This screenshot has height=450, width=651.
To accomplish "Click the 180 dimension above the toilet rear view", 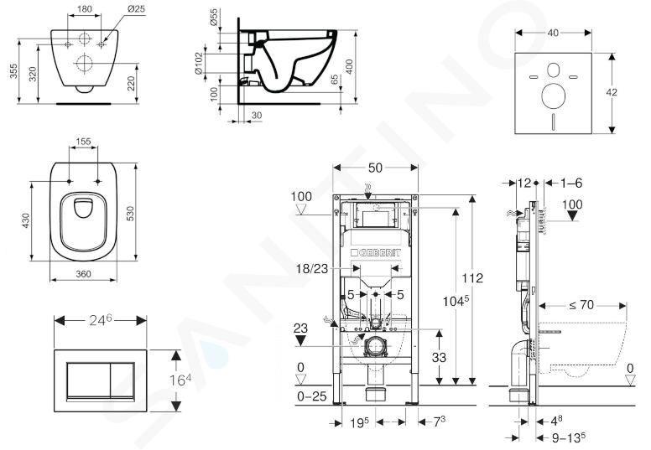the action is (x=85, y=8).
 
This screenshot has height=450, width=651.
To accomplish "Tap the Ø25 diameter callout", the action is (x=136, y=8).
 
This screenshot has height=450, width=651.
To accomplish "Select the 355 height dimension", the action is (x=13, y=71).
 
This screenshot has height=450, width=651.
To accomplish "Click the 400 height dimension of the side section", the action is (x=349, y=66).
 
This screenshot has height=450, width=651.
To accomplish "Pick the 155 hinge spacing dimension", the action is (x=83, y=142).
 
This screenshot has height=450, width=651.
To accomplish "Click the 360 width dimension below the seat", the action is (x=83, y=274).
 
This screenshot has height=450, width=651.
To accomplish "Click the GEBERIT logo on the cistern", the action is (x=375, y=253).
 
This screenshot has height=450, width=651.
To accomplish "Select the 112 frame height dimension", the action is (x=473, y=277).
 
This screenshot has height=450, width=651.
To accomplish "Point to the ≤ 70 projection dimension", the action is (x=581, y=305).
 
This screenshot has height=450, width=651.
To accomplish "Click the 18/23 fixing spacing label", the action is (x=312, y=269).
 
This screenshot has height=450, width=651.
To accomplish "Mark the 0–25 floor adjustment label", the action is (x=312, y=396).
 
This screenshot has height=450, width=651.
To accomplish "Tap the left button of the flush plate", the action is (x=88, y=380).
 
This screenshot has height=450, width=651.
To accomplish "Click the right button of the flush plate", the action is (x=122, y=380).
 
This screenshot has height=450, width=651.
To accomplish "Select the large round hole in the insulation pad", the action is (x=553, y=95).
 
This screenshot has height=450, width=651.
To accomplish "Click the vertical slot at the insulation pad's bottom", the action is (x=554, y=121).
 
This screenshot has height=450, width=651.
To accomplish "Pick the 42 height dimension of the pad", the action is (x=611, y=92).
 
